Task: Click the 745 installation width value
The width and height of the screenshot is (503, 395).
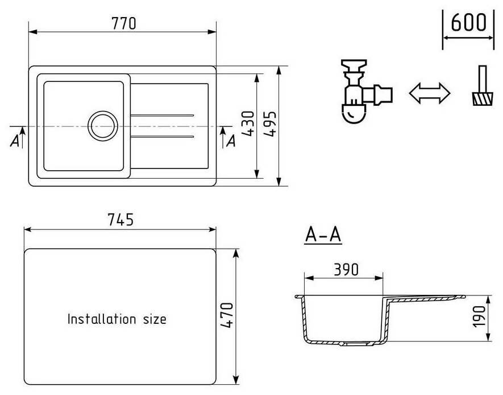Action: coord(120,220)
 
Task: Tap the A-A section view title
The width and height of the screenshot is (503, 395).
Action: coord(323,233)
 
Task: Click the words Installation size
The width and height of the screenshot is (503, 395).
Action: coord(117,319)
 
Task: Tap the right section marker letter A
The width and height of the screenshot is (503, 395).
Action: coord(231,141)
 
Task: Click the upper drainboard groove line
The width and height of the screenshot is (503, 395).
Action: coord(162,116)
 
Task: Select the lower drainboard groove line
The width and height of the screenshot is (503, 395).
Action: coord(162,137)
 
